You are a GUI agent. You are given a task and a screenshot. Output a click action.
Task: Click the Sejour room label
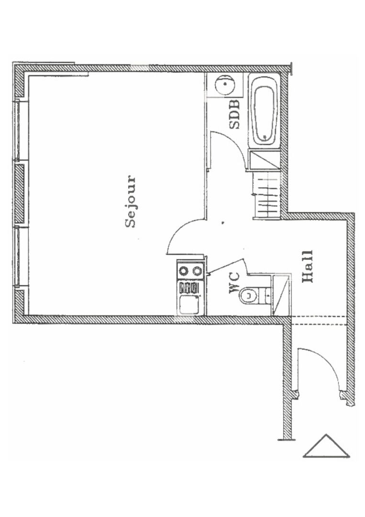pyautogui.click(x=131, y=202)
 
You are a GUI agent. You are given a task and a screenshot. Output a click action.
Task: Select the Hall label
pyautogui.click(x=307, y=266)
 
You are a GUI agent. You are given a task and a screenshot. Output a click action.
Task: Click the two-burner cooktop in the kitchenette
pyautogui.click(x=190, y=271)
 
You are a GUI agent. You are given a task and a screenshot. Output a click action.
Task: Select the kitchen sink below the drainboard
pyautogui.click(x=189, y=304)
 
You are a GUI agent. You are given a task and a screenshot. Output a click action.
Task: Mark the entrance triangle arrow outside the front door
pyautogui.click(x=327, y=447)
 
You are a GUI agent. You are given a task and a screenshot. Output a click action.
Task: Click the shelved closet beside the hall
pyautogui.click(x=265, y=195)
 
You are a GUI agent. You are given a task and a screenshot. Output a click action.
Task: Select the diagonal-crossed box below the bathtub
pyautogui.click(x=265, y=159)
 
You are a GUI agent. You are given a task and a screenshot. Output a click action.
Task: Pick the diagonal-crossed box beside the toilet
pyautogui.click(x=281, y=294)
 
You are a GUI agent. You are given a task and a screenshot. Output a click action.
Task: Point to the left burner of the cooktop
pyautogui.click(x=184, y=271)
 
